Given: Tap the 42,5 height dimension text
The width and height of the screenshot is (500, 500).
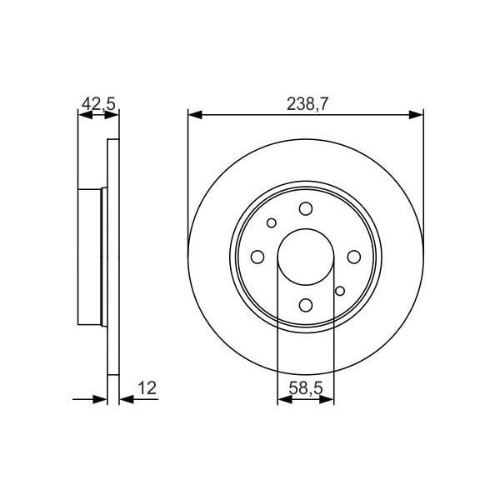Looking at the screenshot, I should tap(97, 104).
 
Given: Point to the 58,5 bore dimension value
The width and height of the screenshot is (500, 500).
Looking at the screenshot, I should tap(305, 387).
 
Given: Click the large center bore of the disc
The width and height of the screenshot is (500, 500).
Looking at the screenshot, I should tap(305, 256).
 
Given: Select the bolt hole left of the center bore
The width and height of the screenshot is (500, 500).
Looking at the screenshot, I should tap(257, 256).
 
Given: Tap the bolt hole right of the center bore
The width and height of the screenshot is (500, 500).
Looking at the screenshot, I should tap(353, 256).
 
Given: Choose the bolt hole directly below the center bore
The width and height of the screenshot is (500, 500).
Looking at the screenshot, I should tap(305, 304).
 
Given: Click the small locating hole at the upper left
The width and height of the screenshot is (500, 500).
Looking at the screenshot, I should tap(272, 222).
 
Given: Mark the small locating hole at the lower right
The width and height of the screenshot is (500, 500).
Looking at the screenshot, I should tap(339, 290).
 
